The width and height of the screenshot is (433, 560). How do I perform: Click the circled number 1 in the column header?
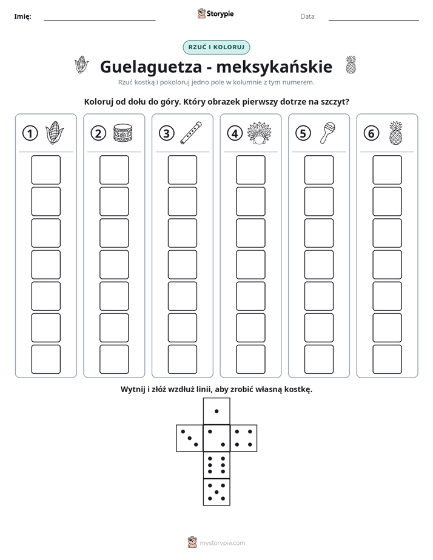tap(30, 133)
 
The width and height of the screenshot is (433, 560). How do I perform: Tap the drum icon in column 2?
tap(123, 133)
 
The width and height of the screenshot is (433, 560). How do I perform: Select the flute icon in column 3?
tap(191, 133)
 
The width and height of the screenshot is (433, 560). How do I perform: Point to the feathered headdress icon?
tap(260, 133)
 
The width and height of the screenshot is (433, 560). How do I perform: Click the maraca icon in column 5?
tap(327, 133)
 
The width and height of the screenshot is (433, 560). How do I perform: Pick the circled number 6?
tap(371, 133)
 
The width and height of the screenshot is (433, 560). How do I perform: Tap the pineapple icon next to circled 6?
tap(396, 133)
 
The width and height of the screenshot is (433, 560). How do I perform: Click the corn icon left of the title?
tap(81, 65)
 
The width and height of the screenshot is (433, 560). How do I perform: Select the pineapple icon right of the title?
tap(351, 65)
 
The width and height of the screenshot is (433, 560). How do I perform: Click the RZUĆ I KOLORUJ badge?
tap(216, 47)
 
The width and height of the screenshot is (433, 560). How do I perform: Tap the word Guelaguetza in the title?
tap(149, 67)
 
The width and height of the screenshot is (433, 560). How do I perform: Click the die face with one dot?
tap(216, 412)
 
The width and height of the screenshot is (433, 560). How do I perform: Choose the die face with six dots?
tap(216, 465)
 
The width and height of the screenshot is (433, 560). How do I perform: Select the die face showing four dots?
tap(244, 438)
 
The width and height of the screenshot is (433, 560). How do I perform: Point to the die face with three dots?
tap(190, 438)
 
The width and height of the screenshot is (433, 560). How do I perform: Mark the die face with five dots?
tap(216, 492)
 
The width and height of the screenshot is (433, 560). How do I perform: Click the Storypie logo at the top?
tap(215, 14)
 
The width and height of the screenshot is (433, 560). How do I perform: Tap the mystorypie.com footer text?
tap(222, 543)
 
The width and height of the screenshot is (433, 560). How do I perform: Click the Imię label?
tap(22, 16)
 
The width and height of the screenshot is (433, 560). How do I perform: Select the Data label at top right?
tap(308, 16)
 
